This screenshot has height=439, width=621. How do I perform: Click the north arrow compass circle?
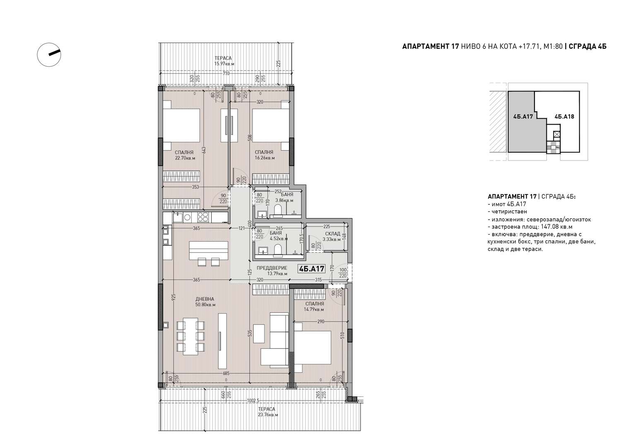coord(49,55)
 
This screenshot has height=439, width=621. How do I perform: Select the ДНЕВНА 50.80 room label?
coord(205,302)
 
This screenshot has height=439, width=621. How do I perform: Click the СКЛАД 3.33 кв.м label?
coord(333,236)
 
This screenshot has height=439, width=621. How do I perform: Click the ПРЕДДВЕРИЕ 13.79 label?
coord(272,271)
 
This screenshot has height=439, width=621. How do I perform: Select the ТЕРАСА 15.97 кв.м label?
coord(224,61)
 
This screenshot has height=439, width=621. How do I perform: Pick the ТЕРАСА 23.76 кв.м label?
coord(268,412)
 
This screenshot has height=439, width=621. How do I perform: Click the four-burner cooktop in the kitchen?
coord(203,217)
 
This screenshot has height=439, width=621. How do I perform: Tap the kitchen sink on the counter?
coord(178,217)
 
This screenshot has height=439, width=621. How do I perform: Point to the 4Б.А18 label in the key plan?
coord(564,117)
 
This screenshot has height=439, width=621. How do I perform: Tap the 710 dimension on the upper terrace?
coord(226,74)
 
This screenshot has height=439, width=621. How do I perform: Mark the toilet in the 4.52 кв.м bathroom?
coord(278,250)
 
